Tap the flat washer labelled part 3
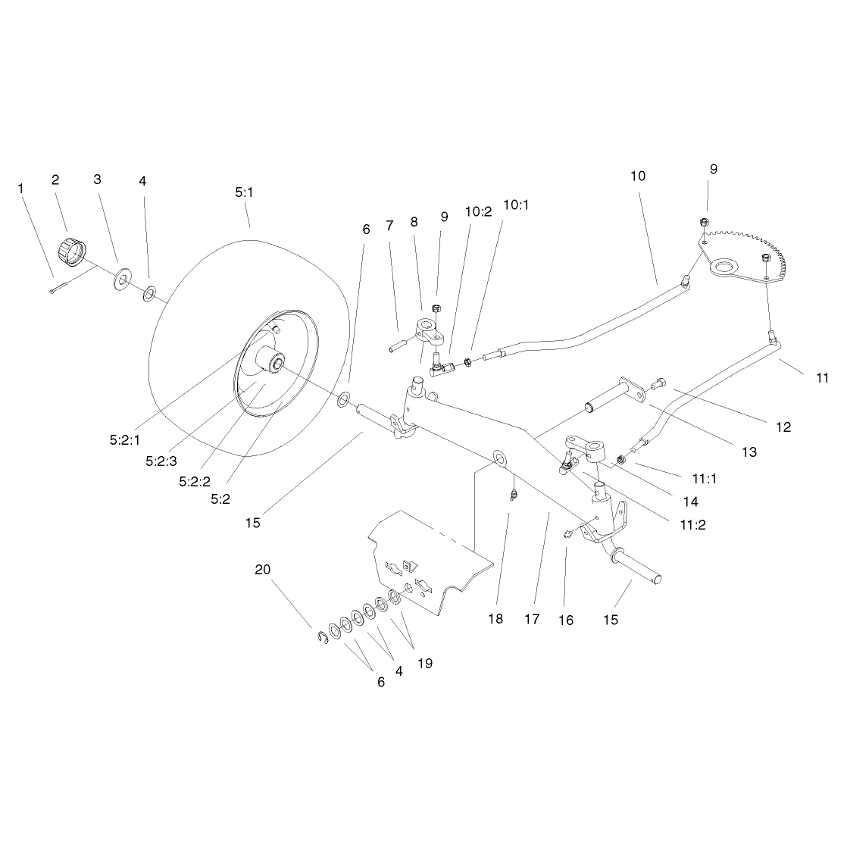(x=123, y=280)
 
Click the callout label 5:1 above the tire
(x=244, y=192)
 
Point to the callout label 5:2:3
(x=161, y=461)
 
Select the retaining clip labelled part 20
(x=323, y=637)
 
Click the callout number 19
(x=425, y=663)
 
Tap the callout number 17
(x=532, y=618)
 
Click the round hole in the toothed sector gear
(x=723, y=267)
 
